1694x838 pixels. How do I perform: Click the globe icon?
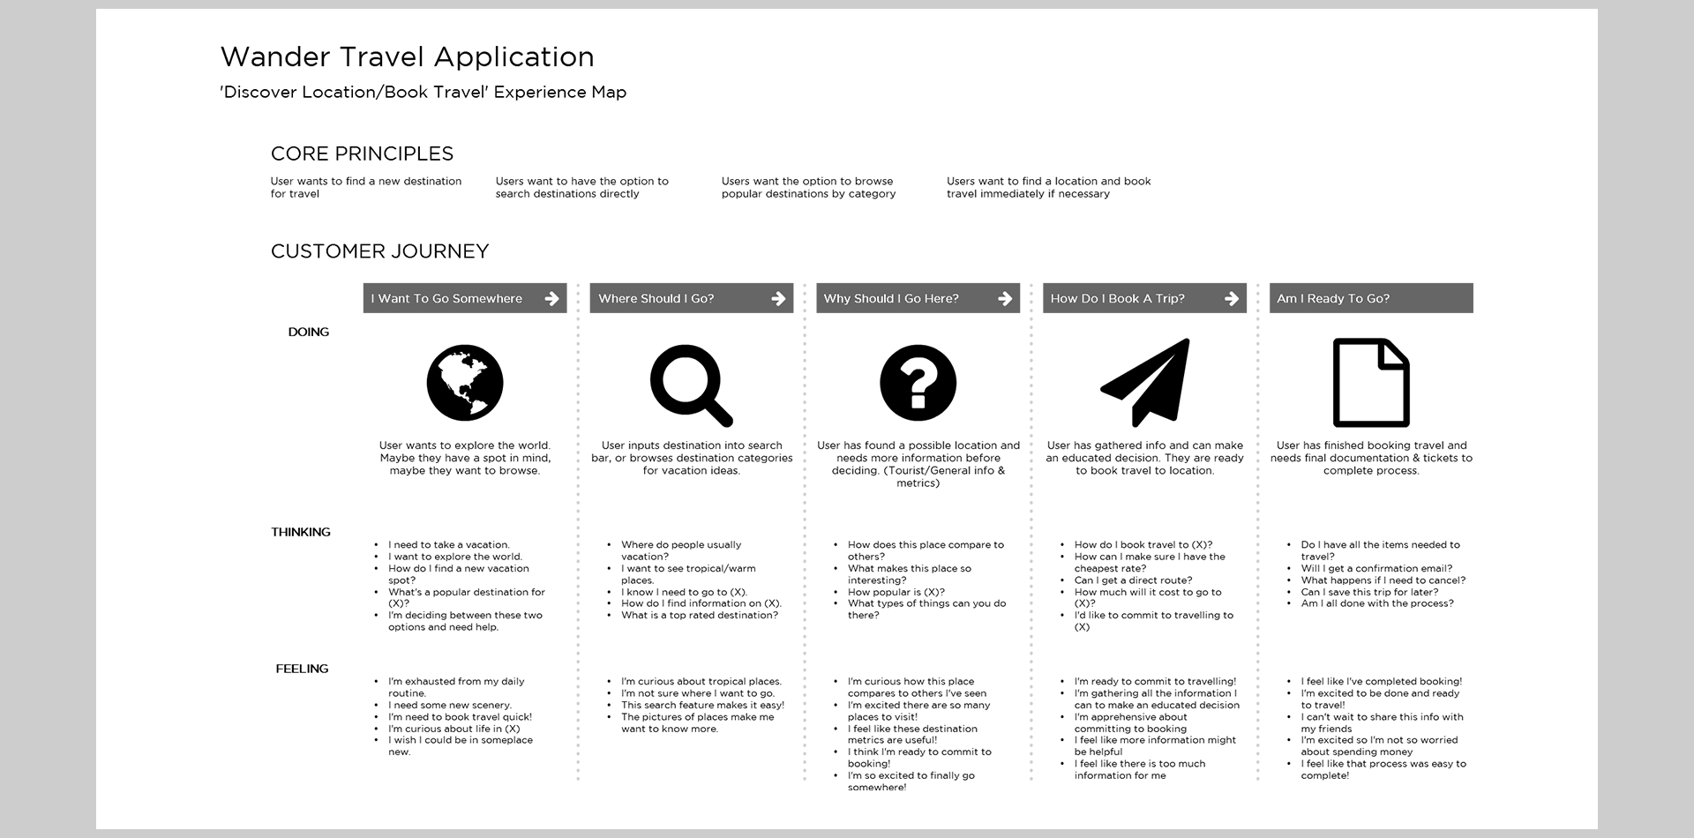pos(465,383)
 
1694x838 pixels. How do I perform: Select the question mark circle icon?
pos(918,383)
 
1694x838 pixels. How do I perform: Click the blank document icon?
pos(1370,383)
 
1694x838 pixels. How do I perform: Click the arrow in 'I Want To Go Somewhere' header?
pos(551,299)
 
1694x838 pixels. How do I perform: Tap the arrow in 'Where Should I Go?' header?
pos(778,299)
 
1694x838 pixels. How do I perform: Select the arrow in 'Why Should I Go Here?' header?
pos(1005,299)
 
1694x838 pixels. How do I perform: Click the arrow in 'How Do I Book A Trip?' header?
pos(1232,299)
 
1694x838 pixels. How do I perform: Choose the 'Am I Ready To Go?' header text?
pos(1333,299)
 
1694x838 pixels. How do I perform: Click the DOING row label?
pos(308,333)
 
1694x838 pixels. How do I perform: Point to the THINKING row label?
pos(301,532)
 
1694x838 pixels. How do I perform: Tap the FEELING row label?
pos(302,669)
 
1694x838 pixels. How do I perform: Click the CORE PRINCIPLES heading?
pos(362,154)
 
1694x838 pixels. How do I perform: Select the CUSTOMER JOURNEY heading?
pos(379,251)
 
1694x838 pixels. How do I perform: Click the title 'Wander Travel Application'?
pos(407,57)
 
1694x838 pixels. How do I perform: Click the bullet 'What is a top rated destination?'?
pos(700,616)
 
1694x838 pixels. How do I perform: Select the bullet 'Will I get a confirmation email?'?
pos(1376,569)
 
